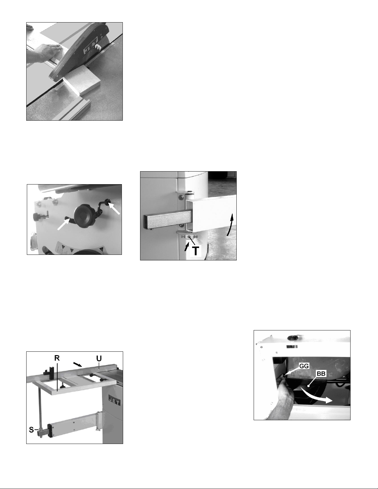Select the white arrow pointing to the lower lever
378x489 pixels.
[x=64, y=225]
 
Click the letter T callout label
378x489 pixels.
[x=196, y=251]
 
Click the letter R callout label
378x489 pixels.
[x=57, y=358]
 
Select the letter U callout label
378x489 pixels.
[x=99, y=359]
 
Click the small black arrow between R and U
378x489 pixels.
[x=77, y=364]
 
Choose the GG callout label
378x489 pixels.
[x=304, y=366]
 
